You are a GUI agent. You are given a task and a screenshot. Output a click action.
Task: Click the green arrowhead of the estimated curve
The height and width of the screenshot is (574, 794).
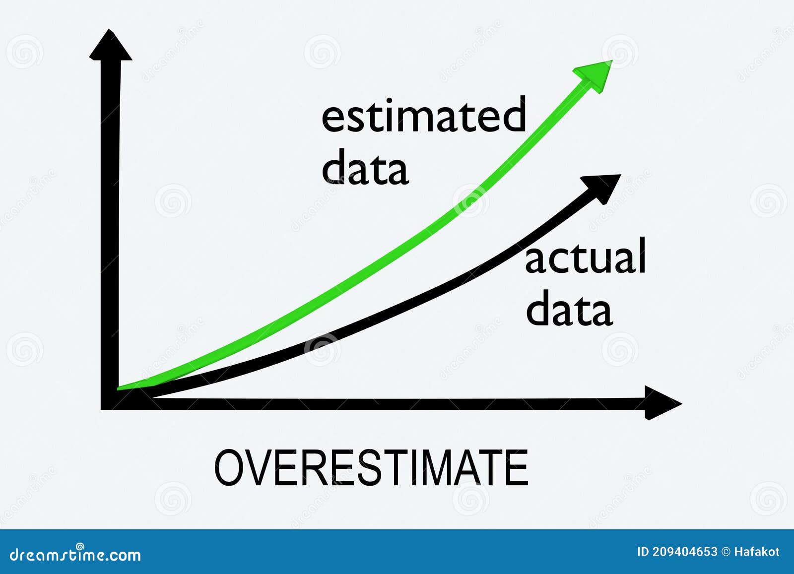click(x=595, y=75)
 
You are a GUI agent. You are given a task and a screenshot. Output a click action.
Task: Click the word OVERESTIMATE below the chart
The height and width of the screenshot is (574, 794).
click(x=371, y=467)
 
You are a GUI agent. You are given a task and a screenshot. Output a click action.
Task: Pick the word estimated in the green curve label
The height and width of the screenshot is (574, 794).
click(x=424, y=115)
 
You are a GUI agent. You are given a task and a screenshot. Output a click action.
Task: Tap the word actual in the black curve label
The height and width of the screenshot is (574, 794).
click(x=586, y=256)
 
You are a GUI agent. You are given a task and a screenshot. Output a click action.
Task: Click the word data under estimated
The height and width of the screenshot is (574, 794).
click(x=365, y=167)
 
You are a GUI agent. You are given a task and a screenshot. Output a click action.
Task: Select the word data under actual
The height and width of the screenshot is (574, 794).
click(x=569, y=310)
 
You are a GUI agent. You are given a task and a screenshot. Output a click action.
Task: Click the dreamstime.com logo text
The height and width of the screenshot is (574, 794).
click(x=75, y=554)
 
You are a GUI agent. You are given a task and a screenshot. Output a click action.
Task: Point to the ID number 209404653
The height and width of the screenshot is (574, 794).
click(x=685, y=552)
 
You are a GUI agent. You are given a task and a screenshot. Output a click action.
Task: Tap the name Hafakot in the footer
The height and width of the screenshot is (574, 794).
click(x=757, y=552)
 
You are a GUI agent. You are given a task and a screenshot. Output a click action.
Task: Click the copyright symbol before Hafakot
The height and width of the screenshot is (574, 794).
click(x=726, y=552)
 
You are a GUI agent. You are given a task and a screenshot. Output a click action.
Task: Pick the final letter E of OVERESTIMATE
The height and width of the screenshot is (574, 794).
click(x=517, y=467)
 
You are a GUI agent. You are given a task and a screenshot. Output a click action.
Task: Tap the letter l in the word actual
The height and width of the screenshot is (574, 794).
click(x=641, y=255)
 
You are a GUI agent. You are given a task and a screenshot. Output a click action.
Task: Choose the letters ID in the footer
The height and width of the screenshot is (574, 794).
click(x=643, y=552)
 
